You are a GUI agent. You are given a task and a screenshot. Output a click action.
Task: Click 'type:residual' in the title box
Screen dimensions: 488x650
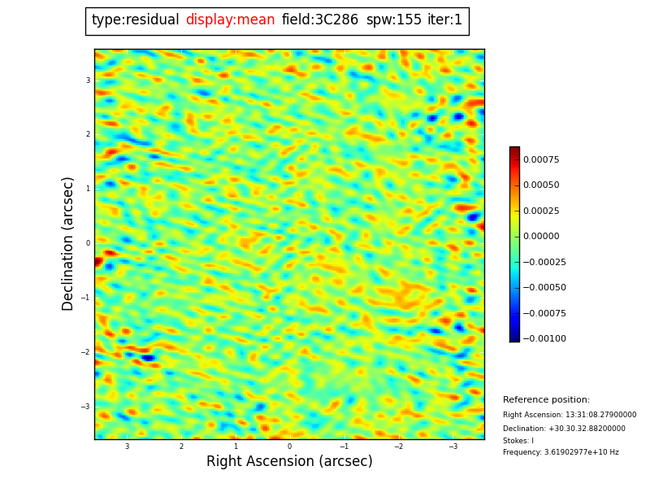tap(135, 20)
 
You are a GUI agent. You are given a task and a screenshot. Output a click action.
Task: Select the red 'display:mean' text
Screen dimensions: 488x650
tap(230, 20)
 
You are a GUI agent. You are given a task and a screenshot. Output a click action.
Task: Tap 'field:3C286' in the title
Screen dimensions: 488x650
tap(320, 20)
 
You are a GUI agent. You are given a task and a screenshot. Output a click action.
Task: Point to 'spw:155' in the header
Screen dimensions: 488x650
tap(393, 20)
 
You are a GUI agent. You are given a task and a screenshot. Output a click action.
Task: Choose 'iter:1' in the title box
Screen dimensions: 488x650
tap(444, 20)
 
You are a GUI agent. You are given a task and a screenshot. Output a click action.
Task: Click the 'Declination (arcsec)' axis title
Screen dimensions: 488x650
tap(68, 243)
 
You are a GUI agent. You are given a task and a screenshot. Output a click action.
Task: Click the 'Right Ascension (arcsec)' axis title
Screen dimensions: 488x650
tap(289, 461)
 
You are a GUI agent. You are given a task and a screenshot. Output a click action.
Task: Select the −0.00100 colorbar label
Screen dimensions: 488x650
tap(544, 338)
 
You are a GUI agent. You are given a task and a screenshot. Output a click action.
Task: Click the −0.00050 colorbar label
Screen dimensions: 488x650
tap(544, 287)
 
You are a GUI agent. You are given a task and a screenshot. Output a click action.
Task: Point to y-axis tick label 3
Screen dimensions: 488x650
tap(88, 81)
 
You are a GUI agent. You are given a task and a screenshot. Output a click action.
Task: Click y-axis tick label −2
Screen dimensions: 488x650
tap(85, 352)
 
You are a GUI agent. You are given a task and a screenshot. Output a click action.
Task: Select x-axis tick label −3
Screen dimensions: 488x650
tap(453, 447)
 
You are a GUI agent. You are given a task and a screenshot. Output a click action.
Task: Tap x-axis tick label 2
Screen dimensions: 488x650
tap(181, 447)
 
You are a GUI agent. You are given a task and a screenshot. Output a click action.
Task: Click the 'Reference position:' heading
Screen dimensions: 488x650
tap(546, 400)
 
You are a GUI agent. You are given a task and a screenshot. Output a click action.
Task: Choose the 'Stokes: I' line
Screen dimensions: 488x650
tap(518, 441)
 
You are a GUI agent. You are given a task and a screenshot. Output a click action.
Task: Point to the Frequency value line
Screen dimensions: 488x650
tap(561, 452)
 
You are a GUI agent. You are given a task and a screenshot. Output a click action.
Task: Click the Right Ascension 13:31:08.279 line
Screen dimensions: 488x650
tap(570, 415)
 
